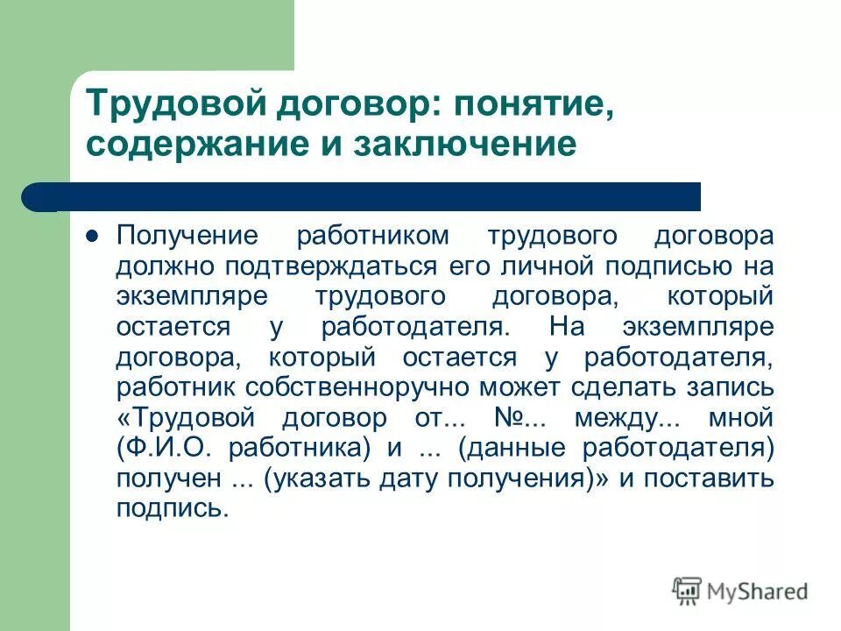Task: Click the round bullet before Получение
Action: [92, 237]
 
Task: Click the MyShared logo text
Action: [758, 592]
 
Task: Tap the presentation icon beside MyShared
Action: [688, 591]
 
